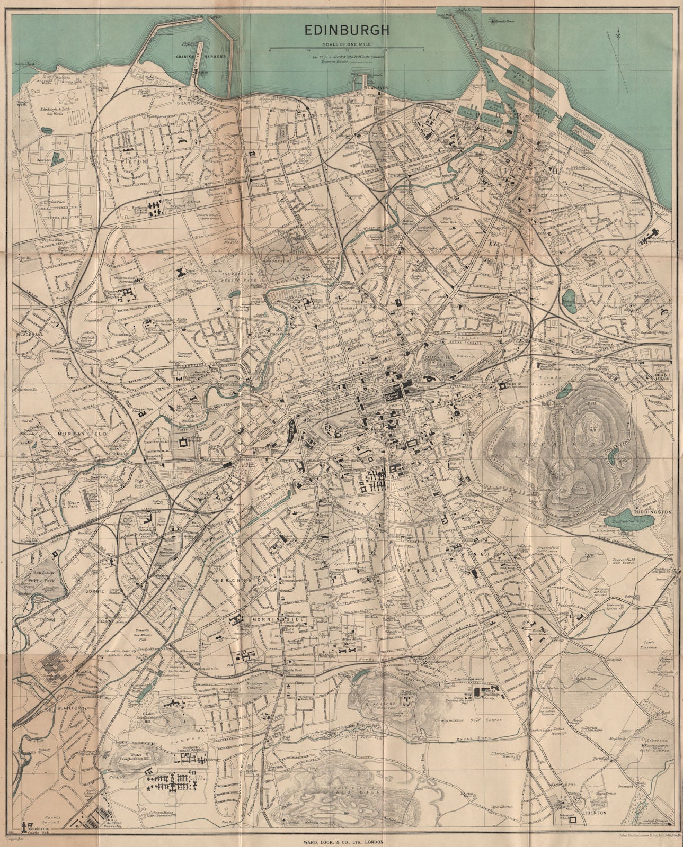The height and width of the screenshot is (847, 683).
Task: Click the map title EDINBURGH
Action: [346, 31]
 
